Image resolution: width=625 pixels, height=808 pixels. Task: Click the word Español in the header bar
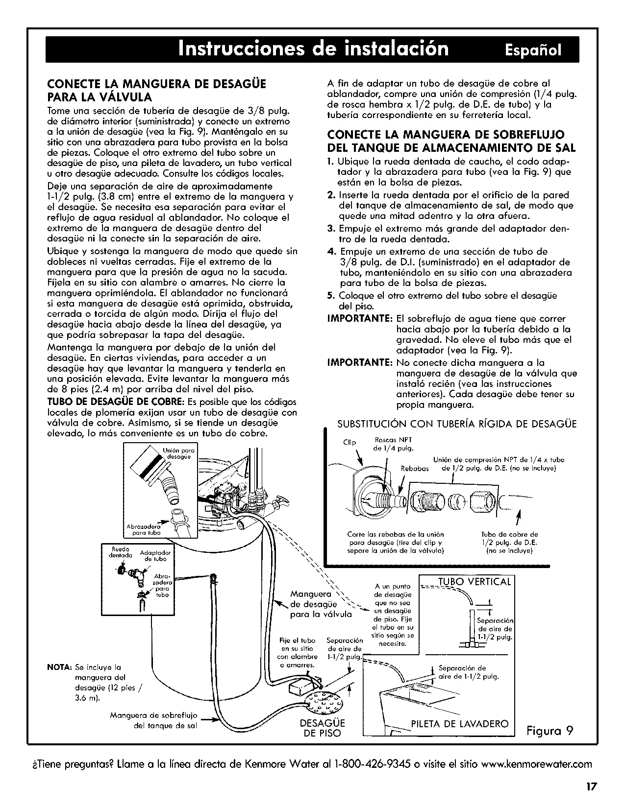coord(533,50)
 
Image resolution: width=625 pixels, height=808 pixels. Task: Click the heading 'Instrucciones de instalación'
coord(313,48)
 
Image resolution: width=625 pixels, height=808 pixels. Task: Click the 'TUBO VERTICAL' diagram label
coord(475,582)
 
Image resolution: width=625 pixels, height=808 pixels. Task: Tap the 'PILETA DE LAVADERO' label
coord(460,724)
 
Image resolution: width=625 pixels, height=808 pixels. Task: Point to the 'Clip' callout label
coord(350,442)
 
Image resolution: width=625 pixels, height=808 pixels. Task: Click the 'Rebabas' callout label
coord(415,469)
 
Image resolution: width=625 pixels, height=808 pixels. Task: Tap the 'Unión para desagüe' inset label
coord(179,453)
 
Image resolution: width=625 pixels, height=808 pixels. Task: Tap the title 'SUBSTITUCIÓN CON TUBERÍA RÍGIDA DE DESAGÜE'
coord(457,424)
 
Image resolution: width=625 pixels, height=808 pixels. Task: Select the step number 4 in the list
coord(331,252)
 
